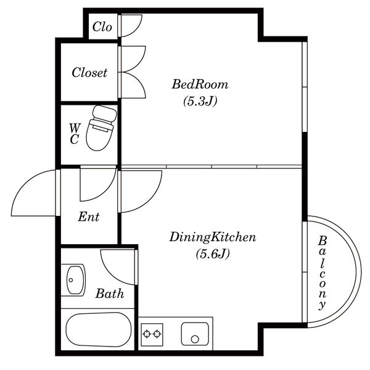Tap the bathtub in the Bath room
coord(99,330)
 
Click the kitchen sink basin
coord(195,334)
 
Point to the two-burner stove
coord(152,334)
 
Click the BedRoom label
coord(200,84)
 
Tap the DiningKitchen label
coord(212,237)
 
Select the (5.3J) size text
coord(200,102)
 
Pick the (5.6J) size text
coord(213,254)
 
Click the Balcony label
coord(322,273)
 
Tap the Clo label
coord(102,27)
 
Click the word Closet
coord(89,72)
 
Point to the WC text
coord(75,134)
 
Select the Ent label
coord(89,216)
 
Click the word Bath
coord(110,294)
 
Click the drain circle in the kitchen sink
coord(195,339)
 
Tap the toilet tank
coord(105,113)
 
